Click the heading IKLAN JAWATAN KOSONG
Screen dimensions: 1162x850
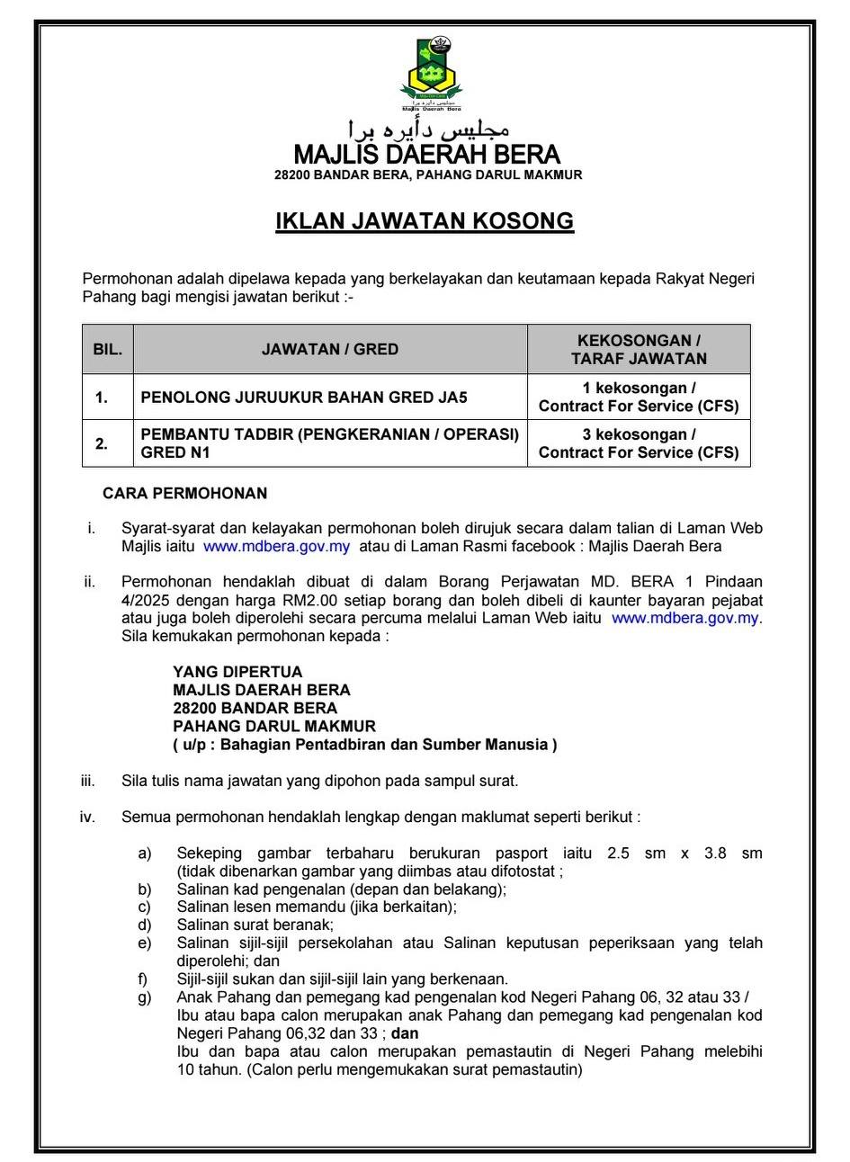[x=425, y=221]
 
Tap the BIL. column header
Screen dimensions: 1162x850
[x=108, y=349]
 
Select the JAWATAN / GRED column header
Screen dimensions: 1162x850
[x=330, y=349]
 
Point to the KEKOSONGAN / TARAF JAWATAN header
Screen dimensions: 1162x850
[x=639, y=349]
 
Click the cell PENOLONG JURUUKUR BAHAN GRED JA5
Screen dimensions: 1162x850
[x=304, y=397]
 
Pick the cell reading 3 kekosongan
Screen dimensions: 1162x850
[x=639, y=434]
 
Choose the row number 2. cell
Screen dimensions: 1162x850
[x=103, y=443]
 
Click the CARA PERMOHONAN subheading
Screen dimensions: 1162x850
[x=184, y=494]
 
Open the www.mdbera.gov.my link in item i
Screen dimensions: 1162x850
[x=276, y=546]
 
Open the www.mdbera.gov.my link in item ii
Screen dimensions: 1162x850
[x=685, y=618]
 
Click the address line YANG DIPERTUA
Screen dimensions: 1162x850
[x=237, y=672]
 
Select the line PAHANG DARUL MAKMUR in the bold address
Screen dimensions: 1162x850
[x=274, y=726]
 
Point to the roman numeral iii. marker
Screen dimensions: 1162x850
[x=87, y=781]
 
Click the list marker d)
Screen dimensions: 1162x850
[x=145, y=925]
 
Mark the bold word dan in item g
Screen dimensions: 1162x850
[x=405, y=1033]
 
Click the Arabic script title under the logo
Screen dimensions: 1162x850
[x=426, y=128]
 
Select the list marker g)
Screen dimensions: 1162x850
[x=145, y=997]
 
